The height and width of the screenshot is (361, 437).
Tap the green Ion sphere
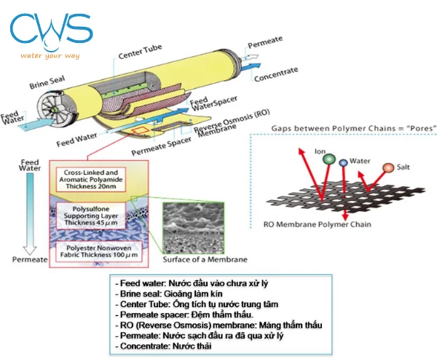pyautogui.click(x=328, y=159)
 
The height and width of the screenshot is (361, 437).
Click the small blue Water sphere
pyautogui.click(x=343, y=162)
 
